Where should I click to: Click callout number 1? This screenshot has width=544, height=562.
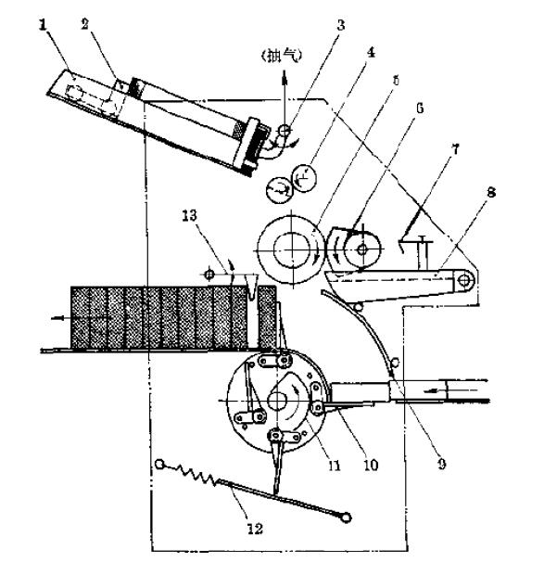click(x=44, y=26)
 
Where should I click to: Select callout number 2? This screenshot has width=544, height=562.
click(x=85, y=24)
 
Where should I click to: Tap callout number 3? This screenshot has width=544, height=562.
click(x=341, y=25)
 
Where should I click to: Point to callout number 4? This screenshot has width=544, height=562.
click(x=372, y=53)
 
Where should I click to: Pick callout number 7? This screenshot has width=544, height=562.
click(x=455, y=149)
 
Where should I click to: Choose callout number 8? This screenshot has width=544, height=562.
click(x=491, y=193)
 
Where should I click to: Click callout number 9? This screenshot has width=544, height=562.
click(x=442, y=464)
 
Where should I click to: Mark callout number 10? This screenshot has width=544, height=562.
click(x=371, y=466)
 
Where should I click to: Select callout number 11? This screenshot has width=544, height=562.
click(x=335, y=466)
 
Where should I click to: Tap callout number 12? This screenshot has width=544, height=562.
click(x=255, y=529)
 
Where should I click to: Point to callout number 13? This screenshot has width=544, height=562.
click(x=189, y=216)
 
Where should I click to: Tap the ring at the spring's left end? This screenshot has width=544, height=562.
click(x=159, y=465)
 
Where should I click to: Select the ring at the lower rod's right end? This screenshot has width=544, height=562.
click(x=346, y=517)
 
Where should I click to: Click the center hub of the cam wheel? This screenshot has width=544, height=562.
click(x=277, y=401)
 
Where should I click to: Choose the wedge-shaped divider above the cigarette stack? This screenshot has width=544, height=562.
click(x=251, y=286)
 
